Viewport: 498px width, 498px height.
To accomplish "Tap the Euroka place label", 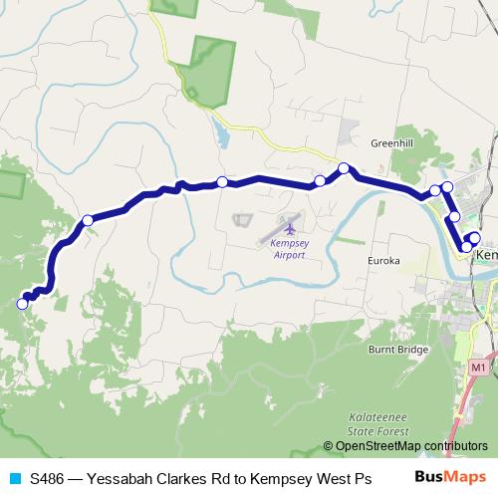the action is [x=383, y=261].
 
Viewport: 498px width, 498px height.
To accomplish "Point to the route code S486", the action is [x=47, y=478].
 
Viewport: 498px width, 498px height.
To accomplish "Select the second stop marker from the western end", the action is [x=88, y=220].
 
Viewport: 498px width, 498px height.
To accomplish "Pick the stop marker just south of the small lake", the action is [x=221, y=181].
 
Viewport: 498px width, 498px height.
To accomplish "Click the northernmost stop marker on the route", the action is [x=344, y=168].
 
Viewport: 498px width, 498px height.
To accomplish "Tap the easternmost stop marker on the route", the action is [x=474, y=237].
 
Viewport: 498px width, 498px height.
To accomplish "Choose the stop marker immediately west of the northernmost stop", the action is [x=320, y=181].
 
